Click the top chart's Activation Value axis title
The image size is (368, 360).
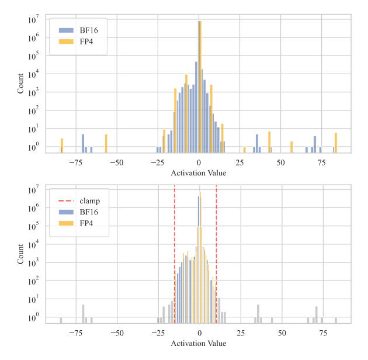pos(199,174)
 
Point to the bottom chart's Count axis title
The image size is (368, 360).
pos(21,253)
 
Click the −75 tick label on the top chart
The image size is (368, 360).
pos(75,162)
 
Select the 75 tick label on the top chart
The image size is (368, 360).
pos(322,162)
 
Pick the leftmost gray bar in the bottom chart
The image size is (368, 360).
pos(61,320)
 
